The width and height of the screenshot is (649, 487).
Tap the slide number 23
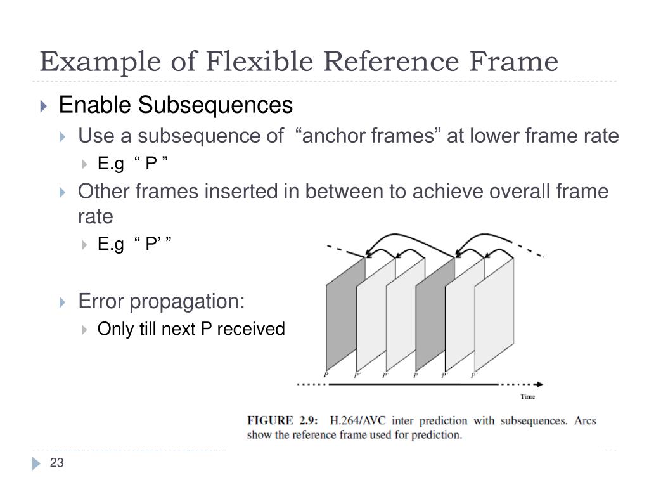(57, 464)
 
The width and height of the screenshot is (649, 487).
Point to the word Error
(102, 301)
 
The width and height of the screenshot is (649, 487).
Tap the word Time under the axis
(527, 397)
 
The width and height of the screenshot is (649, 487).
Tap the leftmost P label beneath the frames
(326, 375)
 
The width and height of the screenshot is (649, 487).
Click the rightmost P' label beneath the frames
(474, 375)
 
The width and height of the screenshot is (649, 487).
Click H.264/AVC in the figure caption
(359, 421)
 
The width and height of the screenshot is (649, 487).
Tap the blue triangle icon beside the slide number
(35, 464)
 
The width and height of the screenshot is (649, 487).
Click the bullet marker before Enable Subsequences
(43, 106)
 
